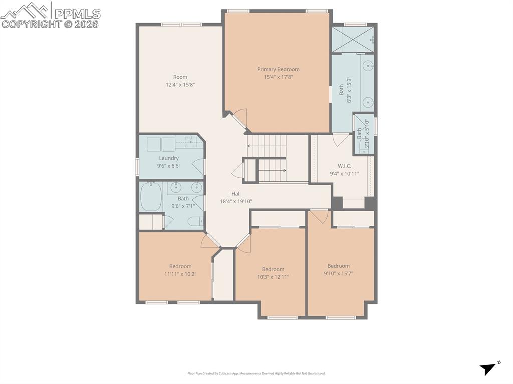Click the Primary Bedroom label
point(278,69)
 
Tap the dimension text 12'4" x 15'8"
point(180,85)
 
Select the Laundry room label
point(169,158)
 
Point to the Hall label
point(236,194)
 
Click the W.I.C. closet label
point(344,166)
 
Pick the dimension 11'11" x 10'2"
point(180,274)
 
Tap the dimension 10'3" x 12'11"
point(273,277)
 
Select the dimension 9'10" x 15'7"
point(338,273)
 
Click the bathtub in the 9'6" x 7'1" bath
point(151,197)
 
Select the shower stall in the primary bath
point(353,39)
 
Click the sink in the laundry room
point(192,142)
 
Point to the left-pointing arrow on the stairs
point(249,146)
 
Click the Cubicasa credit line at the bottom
point(256,373)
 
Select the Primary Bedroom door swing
point(240,118)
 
